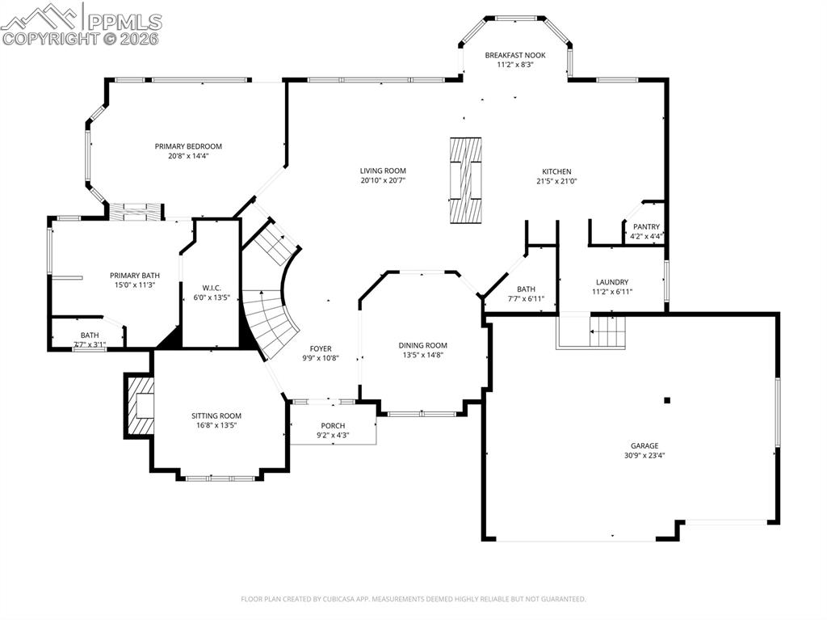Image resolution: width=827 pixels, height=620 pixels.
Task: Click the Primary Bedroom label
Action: (x=188, y=146)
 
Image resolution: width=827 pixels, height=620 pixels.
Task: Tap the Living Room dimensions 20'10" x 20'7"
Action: (x=383, y=180)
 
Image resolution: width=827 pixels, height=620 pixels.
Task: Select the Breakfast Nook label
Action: (x=515, y=55)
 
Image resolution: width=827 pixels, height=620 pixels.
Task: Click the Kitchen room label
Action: (x=556, y=171)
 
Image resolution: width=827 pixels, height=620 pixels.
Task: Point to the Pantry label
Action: (x=646, y=226)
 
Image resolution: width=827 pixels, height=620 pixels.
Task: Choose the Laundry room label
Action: (x=612, y=282)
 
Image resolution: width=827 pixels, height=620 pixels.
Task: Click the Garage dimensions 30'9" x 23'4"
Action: (x=644, y=455)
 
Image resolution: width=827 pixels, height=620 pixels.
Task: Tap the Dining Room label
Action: (x=422, y=345)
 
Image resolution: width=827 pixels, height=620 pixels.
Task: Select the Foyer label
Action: (x=321, y=348)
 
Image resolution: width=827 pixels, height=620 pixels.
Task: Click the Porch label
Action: (x=333, y=425)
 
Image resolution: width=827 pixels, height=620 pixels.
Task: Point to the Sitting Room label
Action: (x=216, y=415)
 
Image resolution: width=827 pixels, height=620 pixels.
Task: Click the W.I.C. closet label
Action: (x=212, y=288)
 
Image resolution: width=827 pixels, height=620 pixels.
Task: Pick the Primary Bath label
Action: (x=135, y=275)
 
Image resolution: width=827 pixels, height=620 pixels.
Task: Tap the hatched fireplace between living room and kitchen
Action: (x=465, y=179)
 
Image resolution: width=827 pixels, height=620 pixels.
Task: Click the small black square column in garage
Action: (x=667, y=400)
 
